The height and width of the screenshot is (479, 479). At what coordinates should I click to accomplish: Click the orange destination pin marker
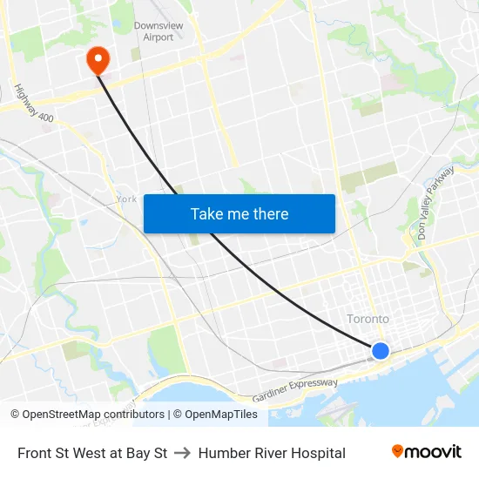[98, 59]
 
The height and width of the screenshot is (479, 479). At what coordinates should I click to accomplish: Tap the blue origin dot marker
[381, 351]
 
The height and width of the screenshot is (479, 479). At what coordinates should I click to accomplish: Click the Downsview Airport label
[159, 31]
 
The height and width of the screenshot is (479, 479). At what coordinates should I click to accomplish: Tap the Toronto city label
[368, 319]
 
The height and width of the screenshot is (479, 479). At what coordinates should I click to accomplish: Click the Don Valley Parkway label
[435, 203]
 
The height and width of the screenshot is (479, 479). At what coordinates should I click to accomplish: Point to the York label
[126, 199]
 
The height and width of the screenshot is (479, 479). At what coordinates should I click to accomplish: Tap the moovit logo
[426, 452]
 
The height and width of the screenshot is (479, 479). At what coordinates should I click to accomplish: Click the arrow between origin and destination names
[183, 453]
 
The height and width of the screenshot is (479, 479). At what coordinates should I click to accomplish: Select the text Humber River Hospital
[272, 453]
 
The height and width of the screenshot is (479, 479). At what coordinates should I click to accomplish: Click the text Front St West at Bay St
[92, 453]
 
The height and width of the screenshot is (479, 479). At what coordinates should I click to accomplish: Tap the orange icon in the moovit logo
[398, 451]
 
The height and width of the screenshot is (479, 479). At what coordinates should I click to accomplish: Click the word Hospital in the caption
[318, 453]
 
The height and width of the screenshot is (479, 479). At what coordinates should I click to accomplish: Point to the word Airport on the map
[159, 37]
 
